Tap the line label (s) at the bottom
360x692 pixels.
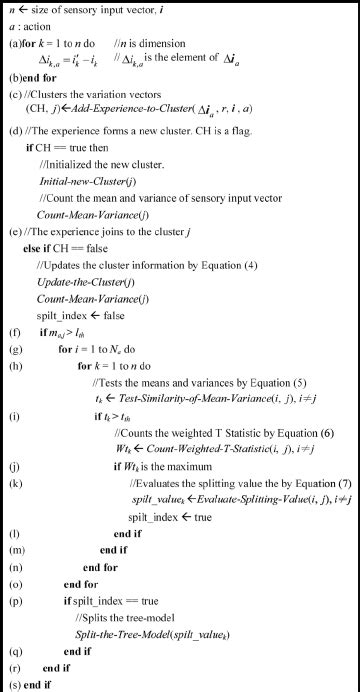14,683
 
